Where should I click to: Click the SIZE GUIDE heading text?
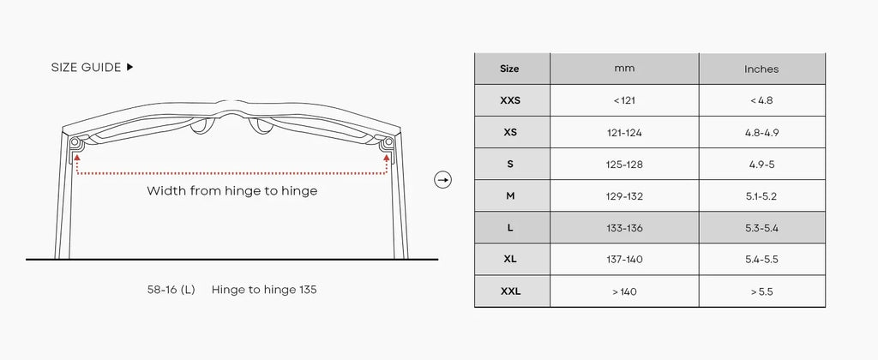coord(86,67)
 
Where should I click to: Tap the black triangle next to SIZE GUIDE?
coord(130,67)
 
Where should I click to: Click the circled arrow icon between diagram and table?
coord(443,180)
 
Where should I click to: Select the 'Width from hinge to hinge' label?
coord(232,191)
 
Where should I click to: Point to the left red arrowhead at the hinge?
coord(76,158)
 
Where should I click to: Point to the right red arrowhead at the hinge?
coord(387,158)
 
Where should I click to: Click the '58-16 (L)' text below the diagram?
coord(171,290)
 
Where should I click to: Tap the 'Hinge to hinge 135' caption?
coord(264,290)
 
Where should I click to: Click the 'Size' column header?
coord(509,69)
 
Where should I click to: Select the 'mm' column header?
coord(624,69)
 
